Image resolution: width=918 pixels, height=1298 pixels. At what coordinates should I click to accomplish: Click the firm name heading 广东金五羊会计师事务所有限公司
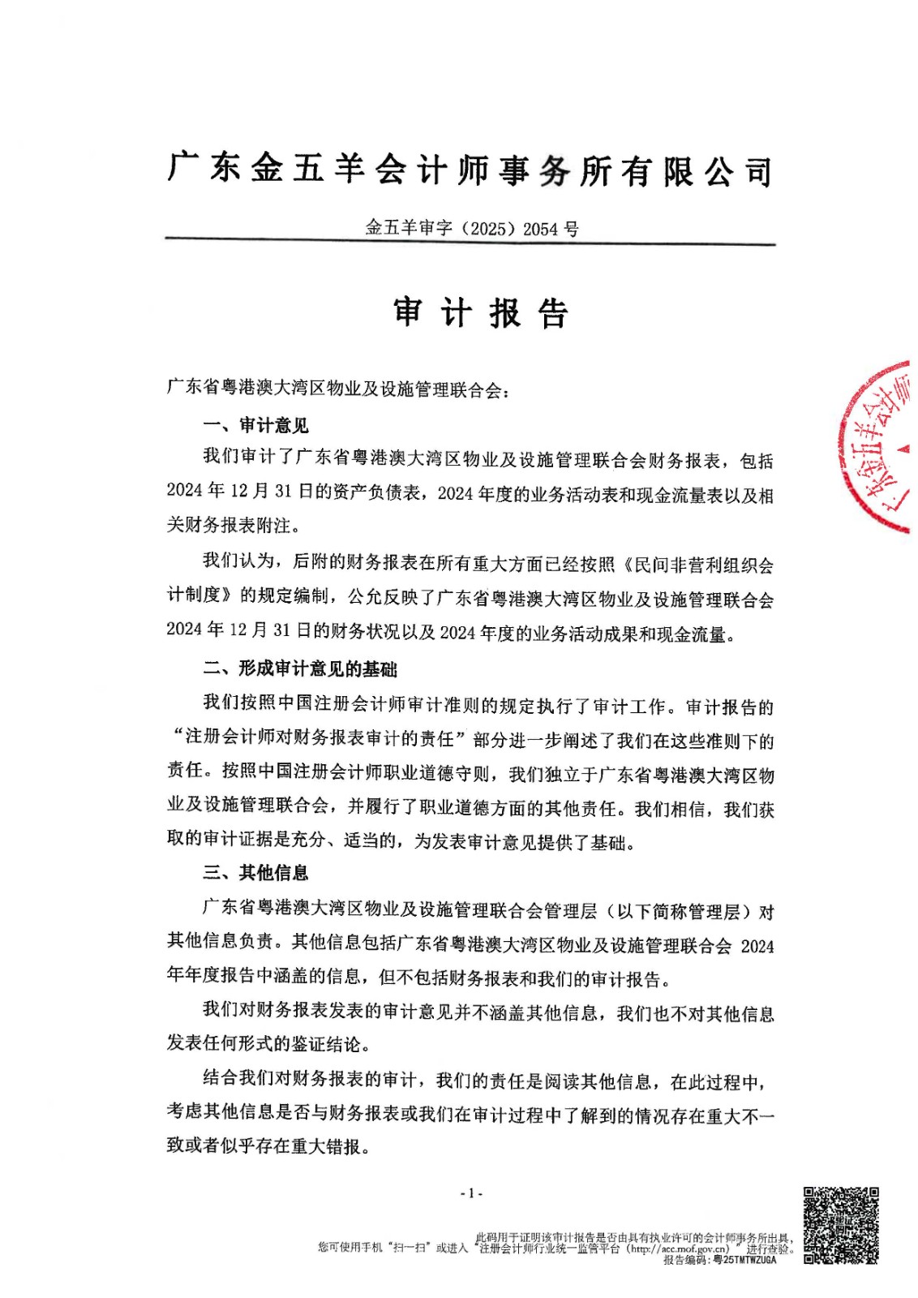tap(470, 169)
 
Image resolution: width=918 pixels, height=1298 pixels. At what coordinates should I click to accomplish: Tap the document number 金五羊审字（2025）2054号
tap(472, 228)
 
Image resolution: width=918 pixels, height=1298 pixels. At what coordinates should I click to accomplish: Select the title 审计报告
tap(481, 312)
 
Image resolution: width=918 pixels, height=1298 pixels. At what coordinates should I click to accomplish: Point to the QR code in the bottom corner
tap(841, 1225)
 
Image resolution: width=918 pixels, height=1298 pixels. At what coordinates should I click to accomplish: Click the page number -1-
tap(471, 1193)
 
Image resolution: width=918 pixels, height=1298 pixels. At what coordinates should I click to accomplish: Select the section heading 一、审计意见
tap(255, 425)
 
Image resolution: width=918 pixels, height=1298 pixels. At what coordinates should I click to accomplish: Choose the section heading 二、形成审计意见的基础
tap(299, 668)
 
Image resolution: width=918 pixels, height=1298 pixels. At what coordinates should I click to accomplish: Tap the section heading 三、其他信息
tap(255, 873)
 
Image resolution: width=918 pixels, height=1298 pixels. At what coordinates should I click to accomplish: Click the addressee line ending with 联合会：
tap(338, 389)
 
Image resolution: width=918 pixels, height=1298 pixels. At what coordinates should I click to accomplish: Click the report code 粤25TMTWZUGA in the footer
tap(744, 1260)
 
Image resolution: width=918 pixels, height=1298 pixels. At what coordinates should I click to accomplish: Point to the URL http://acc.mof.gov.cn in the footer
tap(679, 1249)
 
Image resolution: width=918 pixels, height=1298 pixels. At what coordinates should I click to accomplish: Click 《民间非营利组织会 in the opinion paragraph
tap(699, 565)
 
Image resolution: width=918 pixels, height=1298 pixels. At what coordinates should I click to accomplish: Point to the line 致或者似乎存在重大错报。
tap(268, 1146)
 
